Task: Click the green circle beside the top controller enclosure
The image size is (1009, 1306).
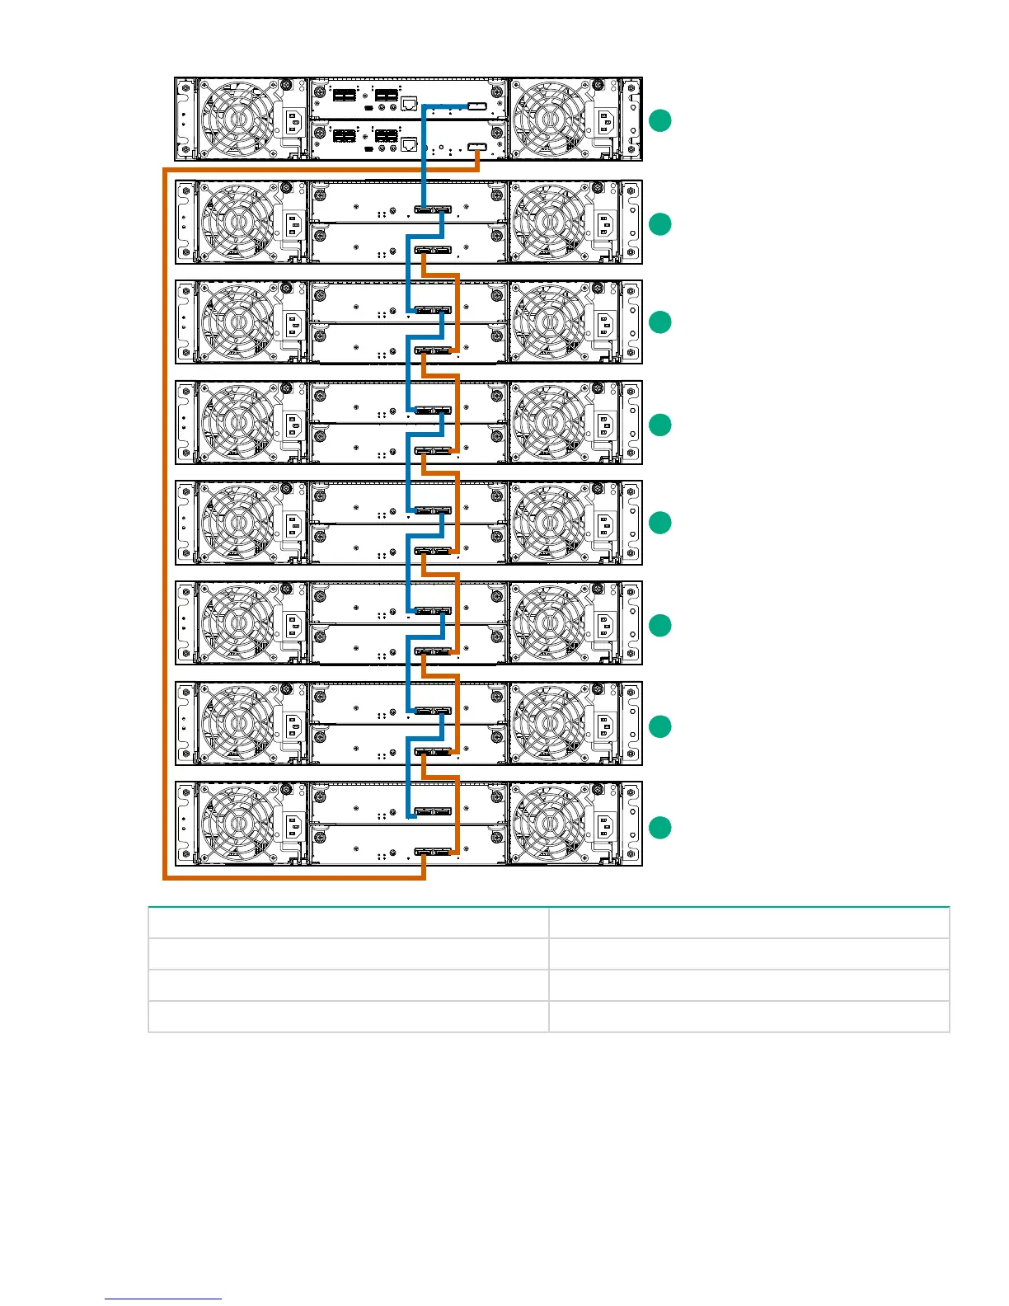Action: pyautogui.click(x=659, y=120)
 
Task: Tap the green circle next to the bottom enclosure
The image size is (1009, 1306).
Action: pyautogui.click(x=659, y=828)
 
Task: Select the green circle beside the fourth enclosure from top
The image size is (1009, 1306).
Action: pyautogui.click(x=659, y=425)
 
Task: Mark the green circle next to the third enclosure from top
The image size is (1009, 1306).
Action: pyautogui.click(x=659, y=322)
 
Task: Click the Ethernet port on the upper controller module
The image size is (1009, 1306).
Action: pyautogui.click(x=408, y=104)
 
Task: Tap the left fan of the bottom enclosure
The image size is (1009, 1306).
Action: pyautogui.click(x=237, y=824)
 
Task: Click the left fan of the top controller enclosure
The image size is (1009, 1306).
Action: pyautogui.click(x=237, y=120)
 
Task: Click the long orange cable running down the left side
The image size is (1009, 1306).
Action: pyautogui.click(x=165, y=528)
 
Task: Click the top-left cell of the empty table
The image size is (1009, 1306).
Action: pyautogui.click(x=348, y=923)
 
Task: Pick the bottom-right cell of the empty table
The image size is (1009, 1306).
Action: pyautogui.click(x=749, y=1017)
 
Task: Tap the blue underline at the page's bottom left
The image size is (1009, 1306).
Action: pyautogui.click(x=163, y=1299)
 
